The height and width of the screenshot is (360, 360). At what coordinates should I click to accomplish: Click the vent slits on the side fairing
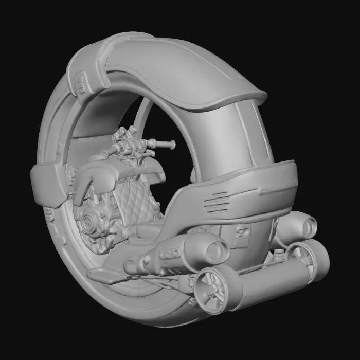(x=217, y=202)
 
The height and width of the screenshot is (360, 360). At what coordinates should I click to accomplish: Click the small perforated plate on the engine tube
(x=170, y=254)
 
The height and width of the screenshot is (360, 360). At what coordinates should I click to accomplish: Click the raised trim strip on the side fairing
(x=278, y=190)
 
